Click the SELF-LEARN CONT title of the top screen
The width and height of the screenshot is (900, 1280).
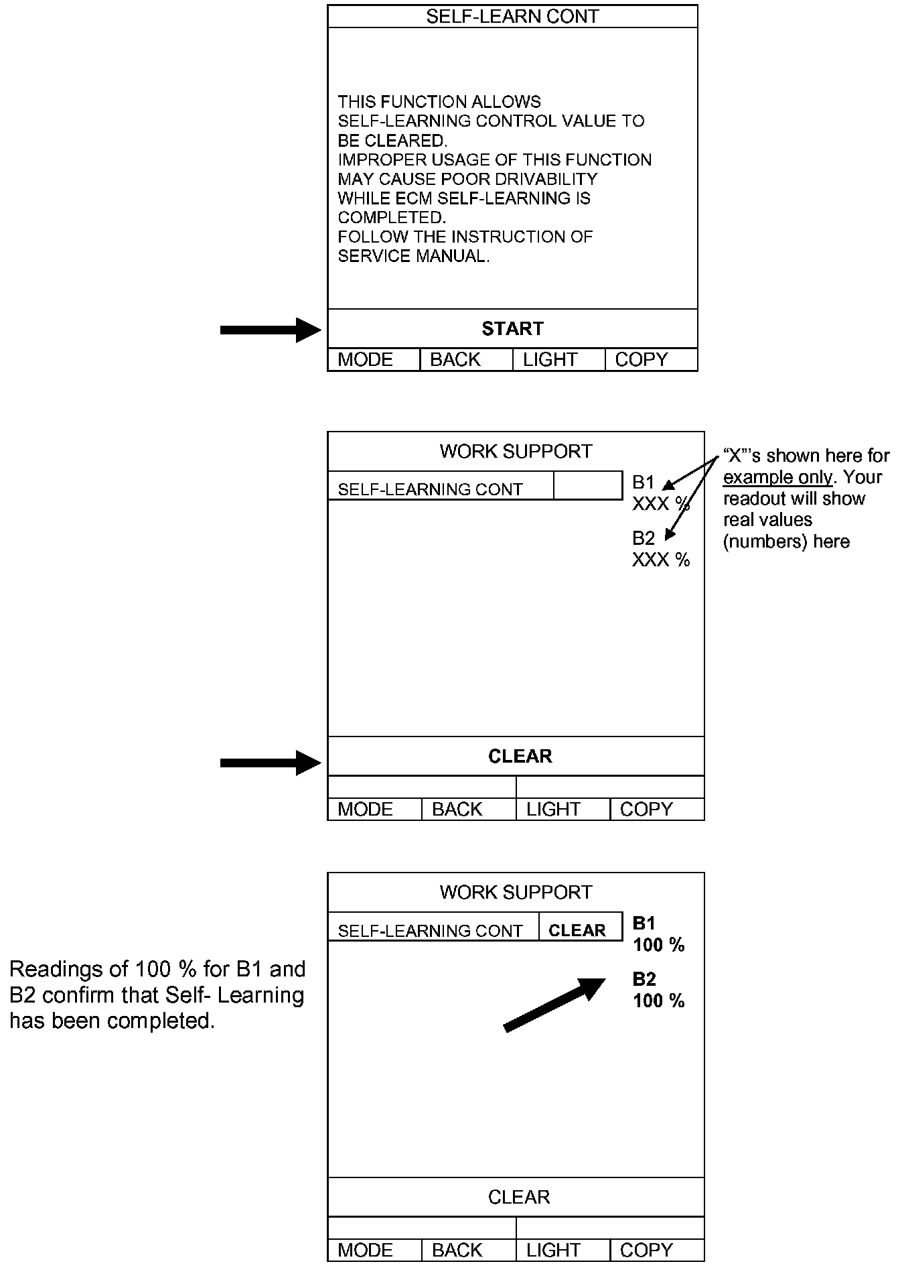click(512, 16)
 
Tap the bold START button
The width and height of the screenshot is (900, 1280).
click(512, 328)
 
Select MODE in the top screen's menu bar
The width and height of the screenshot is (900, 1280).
click(365, 360)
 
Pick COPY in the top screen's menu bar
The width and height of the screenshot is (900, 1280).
click(641, 360)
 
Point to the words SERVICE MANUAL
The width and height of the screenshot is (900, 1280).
click(413, 256)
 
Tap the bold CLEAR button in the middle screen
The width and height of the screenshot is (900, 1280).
click(520, 757)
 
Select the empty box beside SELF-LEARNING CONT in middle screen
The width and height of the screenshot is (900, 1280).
click(588, 486)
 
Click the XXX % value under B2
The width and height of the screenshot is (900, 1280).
click(660, 560)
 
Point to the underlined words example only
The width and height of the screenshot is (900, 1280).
click(777, 478)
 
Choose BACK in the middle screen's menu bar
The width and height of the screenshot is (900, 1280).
click(457, 810)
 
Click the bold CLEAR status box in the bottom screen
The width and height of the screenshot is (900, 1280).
click(577, 930)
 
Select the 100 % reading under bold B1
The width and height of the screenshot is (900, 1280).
click(659, 946)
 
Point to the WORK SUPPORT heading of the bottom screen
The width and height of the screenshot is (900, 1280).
click(516, 893)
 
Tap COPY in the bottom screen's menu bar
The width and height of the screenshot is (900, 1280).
click(646, 1251)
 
